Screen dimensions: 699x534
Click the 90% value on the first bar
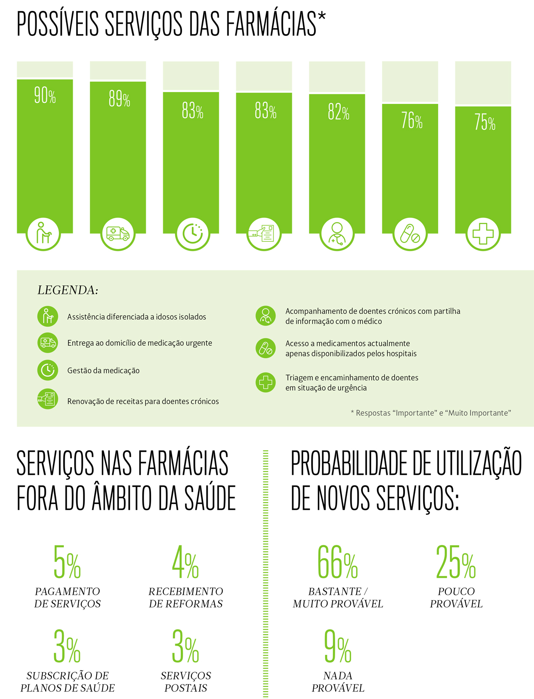point(45,96)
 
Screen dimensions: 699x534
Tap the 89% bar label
point(119,98)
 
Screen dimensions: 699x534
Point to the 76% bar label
point(412,120)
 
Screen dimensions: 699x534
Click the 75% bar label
point(485,122)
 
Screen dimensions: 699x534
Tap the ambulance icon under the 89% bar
point(118,233)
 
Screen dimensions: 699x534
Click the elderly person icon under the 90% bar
point(43,233)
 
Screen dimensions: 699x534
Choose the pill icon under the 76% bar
point(410,233)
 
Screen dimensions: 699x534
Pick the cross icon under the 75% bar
point(483,233)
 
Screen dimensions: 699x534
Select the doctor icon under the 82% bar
point(337,233)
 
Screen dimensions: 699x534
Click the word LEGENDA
point(68,290)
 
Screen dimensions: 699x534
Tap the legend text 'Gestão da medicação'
point(103,371)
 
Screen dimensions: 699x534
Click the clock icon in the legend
point(48,370)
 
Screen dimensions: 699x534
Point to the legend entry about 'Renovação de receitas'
point(143,401)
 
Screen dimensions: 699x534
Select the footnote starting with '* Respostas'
point(431,413)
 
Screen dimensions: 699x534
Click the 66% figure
point(337,562)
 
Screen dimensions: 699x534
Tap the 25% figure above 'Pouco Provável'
point(456,562)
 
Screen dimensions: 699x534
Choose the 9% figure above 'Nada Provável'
point(338,646)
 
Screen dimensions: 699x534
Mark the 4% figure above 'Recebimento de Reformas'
point(185,562)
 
